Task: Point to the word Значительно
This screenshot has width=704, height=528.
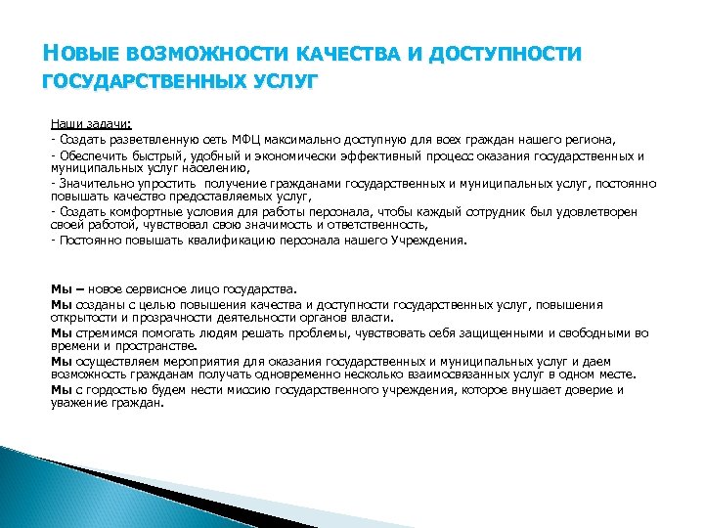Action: tap(93, 182)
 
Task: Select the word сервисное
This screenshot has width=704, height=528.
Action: tap(143, 289)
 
